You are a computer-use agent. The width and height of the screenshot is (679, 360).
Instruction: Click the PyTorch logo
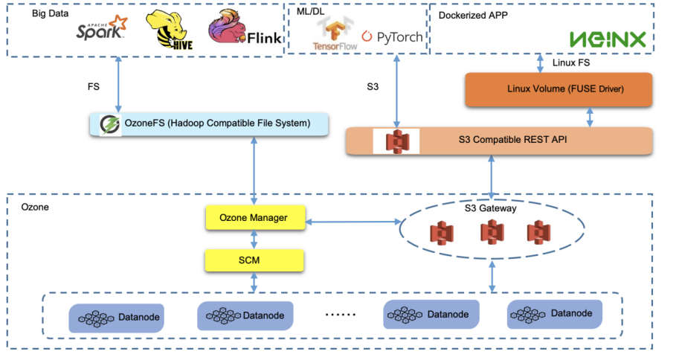392,36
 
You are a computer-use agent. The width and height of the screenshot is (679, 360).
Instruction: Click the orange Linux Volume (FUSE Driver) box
558,89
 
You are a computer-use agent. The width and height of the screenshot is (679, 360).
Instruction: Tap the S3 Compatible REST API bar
499,141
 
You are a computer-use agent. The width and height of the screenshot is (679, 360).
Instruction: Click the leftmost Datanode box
116,317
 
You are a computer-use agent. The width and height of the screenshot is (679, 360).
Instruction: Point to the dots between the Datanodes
341,315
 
